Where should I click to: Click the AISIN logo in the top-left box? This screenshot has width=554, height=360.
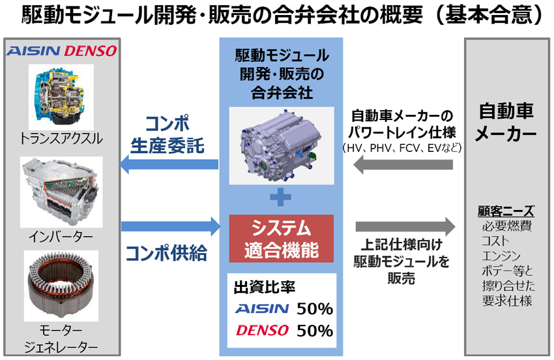tap(33, 52)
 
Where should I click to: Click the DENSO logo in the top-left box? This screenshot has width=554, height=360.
tap(90, 52)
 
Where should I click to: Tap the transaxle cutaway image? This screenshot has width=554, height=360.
tap(61, 97)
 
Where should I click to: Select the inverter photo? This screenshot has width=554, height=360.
tap(61, 192)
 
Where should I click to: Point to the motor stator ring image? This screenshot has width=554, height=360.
tap(61, 286)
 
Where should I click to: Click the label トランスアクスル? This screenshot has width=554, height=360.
tap(61, 139)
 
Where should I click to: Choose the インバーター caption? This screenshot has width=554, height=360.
tap(61, 237)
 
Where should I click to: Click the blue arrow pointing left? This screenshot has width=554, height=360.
tap(169, 164)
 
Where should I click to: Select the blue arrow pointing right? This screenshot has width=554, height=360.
tap(171, 226)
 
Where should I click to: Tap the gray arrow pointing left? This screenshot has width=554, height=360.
tap(403, 164)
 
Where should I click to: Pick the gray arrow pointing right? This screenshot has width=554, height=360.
tap(405, 226)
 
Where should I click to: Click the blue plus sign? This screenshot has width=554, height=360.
tap(281, 198)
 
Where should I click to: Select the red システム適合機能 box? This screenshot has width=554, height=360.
tap(282, 238)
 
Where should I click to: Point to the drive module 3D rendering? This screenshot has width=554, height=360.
tap(282, 145)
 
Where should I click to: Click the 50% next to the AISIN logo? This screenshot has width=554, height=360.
tap(314, 308)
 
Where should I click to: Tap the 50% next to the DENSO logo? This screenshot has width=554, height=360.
tap(314, 331)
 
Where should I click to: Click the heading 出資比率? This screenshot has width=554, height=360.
tap(264, 287)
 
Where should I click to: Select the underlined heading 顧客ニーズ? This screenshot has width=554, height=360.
tap(506, 211)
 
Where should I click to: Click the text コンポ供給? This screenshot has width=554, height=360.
tap(166, 253)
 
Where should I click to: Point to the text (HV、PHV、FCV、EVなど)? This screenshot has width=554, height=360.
tap(402, 148)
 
